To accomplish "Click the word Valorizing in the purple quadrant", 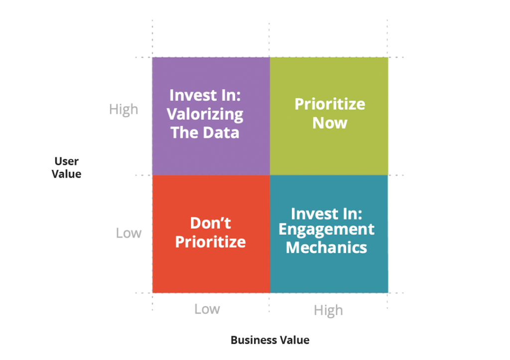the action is pos(205,115).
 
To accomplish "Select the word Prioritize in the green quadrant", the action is pos(330,105).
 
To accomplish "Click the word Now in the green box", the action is pos(330,123).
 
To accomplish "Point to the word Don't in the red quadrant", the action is pos(211,223).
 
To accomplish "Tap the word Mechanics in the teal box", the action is pos(327,247).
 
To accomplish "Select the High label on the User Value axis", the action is pos(124,110).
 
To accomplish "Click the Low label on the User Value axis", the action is pos(129,233).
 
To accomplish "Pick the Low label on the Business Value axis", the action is pos(207,309).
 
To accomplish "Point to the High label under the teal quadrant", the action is pos(329,311).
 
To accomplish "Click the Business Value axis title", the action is pos(270,340).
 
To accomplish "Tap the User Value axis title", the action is pos(66,167).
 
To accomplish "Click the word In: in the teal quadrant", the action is pos(352,214).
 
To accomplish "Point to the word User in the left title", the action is pos(66,161).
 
